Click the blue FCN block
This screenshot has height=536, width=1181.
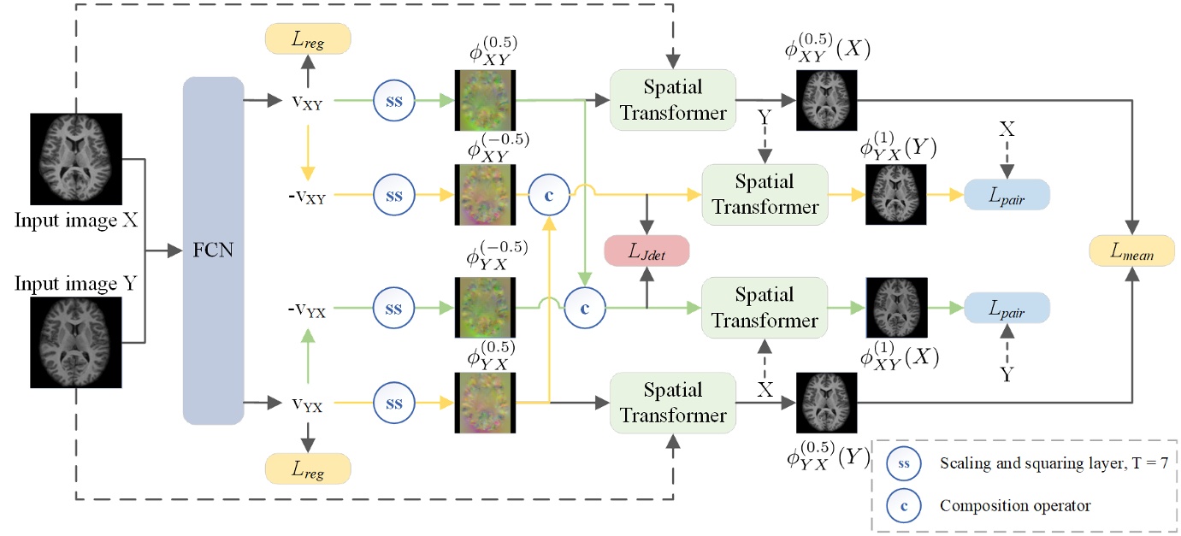click(x=214, y=250)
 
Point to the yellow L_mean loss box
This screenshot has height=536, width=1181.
click(x=1131, y=250)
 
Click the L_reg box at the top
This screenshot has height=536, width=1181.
click(x=309, y=38)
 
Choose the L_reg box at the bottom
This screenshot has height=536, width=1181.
click(x=309, y=468)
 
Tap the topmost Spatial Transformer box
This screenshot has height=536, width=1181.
click(x=672, y=100)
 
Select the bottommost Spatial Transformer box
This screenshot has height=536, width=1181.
click(x=672, y=403)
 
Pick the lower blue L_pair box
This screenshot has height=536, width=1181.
click(x=1006, y=307)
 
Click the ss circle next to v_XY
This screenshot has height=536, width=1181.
click(x=394, y=100)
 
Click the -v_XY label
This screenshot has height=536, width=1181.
click(x=306, y=196)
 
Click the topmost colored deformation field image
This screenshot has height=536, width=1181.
click(x=484, y=100)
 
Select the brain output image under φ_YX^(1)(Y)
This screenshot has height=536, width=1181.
click(x=897, y=195)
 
